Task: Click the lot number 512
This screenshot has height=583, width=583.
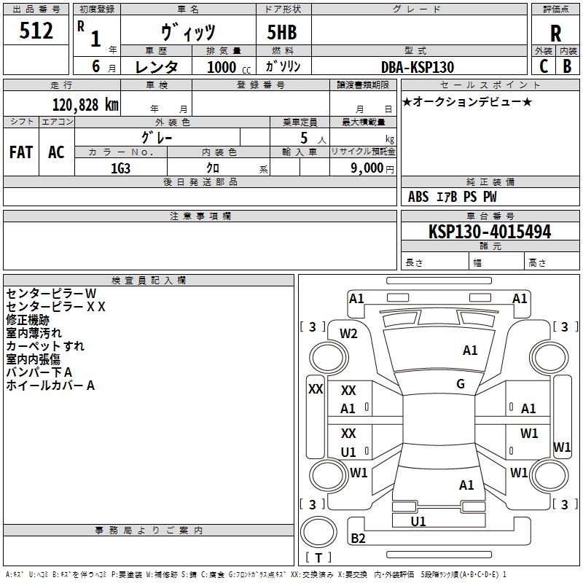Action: pos(36,31)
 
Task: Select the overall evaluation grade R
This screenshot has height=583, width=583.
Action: pos(555,33)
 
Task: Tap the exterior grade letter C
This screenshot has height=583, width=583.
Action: pos(543,66)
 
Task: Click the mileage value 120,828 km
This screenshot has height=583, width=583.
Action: pos(85,104)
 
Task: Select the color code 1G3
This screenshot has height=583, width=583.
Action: pos(120,168)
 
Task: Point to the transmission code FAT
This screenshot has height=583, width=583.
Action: pos(21,152)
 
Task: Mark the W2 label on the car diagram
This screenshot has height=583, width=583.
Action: pos(349,334)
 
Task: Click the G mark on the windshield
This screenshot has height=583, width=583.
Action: pos(461,384)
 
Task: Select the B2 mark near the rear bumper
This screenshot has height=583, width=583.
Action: pos(358,539)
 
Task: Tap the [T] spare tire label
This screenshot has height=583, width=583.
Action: pos(318,558)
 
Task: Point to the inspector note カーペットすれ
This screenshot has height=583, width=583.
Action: pos(45,345)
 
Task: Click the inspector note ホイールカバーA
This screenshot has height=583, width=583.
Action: pos(51,386)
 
